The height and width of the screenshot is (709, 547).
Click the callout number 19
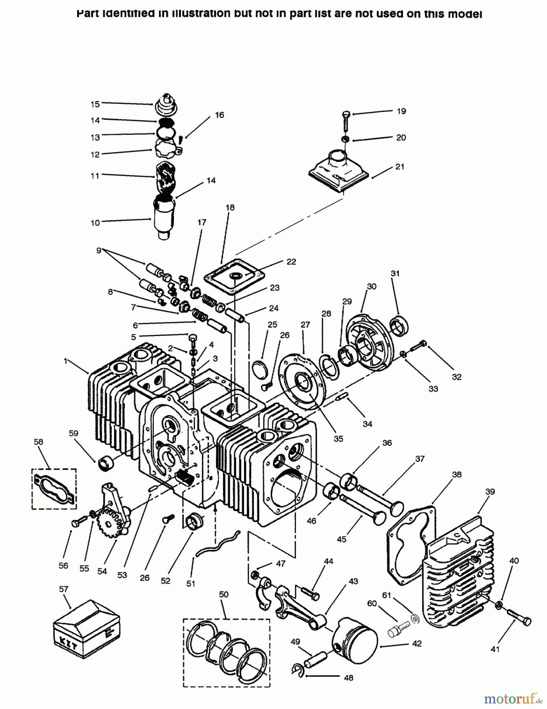(401, 111)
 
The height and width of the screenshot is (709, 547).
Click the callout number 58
(38, 442)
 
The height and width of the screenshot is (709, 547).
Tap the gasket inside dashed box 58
(54, 488)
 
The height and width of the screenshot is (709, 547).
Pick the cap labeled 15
(167, 104)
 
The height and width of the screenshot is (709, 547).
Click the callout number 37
(420, 459)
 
